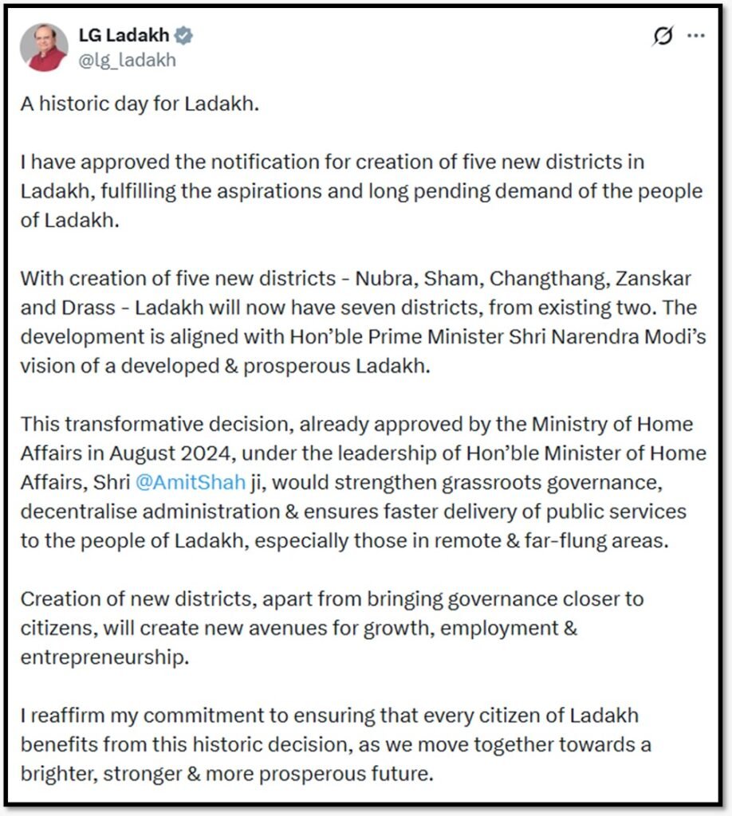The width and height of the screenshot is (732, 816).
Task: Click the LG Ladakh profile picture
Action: click(x=44, y=47)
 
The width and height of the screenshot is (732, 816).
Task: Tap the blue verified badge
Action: click(x=183, y=36)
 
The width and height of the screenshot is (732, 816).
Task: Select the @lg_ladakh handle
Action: click(x=127, y=60)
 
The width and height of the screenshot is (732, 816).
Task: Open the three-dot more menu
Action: click(x=695, y=36)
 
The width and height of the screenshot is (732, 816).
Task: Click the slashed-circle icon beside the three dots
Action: click(x=662, y=37)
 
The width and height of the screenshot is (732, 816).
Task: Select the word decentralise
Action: click(x=76, y=511)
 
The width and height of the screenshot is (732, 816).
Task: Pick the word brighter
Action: click(x=57, y=773)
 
